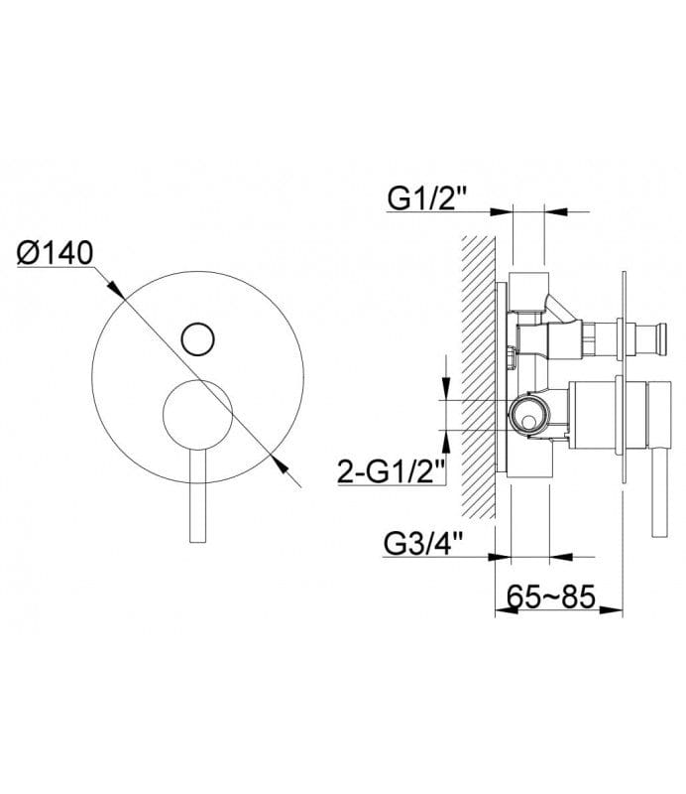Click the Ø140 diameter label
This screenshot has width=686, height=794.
56,253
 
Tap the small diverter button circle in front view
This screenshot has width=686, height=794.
198,338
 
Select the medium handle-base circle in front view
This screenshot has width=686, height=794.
198,415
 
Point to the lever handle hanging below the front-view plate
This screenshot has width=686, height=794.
198,496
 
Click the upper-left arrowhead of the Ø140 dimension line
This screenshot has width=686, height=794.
116,289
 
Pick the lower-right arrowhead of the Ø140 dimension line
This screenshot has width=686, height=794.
280,463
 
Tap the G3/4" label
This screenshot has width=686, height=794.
424,544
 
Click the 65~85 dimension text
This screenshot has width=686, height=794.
551,596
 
